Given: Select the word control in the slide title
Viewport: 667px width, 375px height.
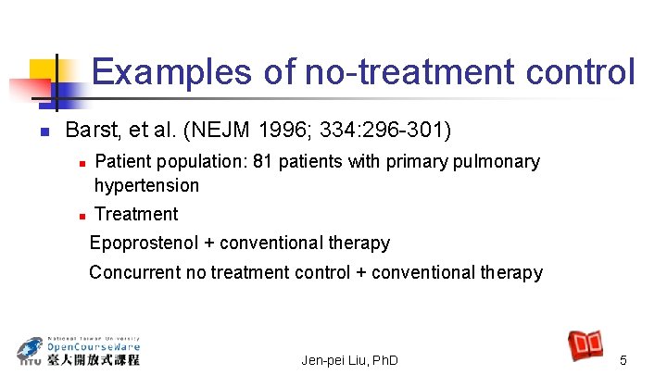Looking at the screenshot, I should point(585,71).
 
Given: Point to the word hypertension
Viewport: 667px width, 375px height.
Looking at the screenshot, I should point(146,185).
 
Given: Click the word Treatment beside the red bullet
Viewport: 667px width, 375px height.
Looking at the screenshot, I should point(136,214).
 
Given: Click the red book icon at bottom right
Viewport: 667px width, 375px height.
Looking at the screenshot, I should point(585,344).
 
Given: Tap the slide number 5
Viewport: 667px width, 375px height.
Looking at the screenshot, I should point(623,359).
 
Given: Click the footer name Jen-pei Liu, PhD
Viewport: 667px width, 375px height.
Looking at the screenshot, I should point(349,359).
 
